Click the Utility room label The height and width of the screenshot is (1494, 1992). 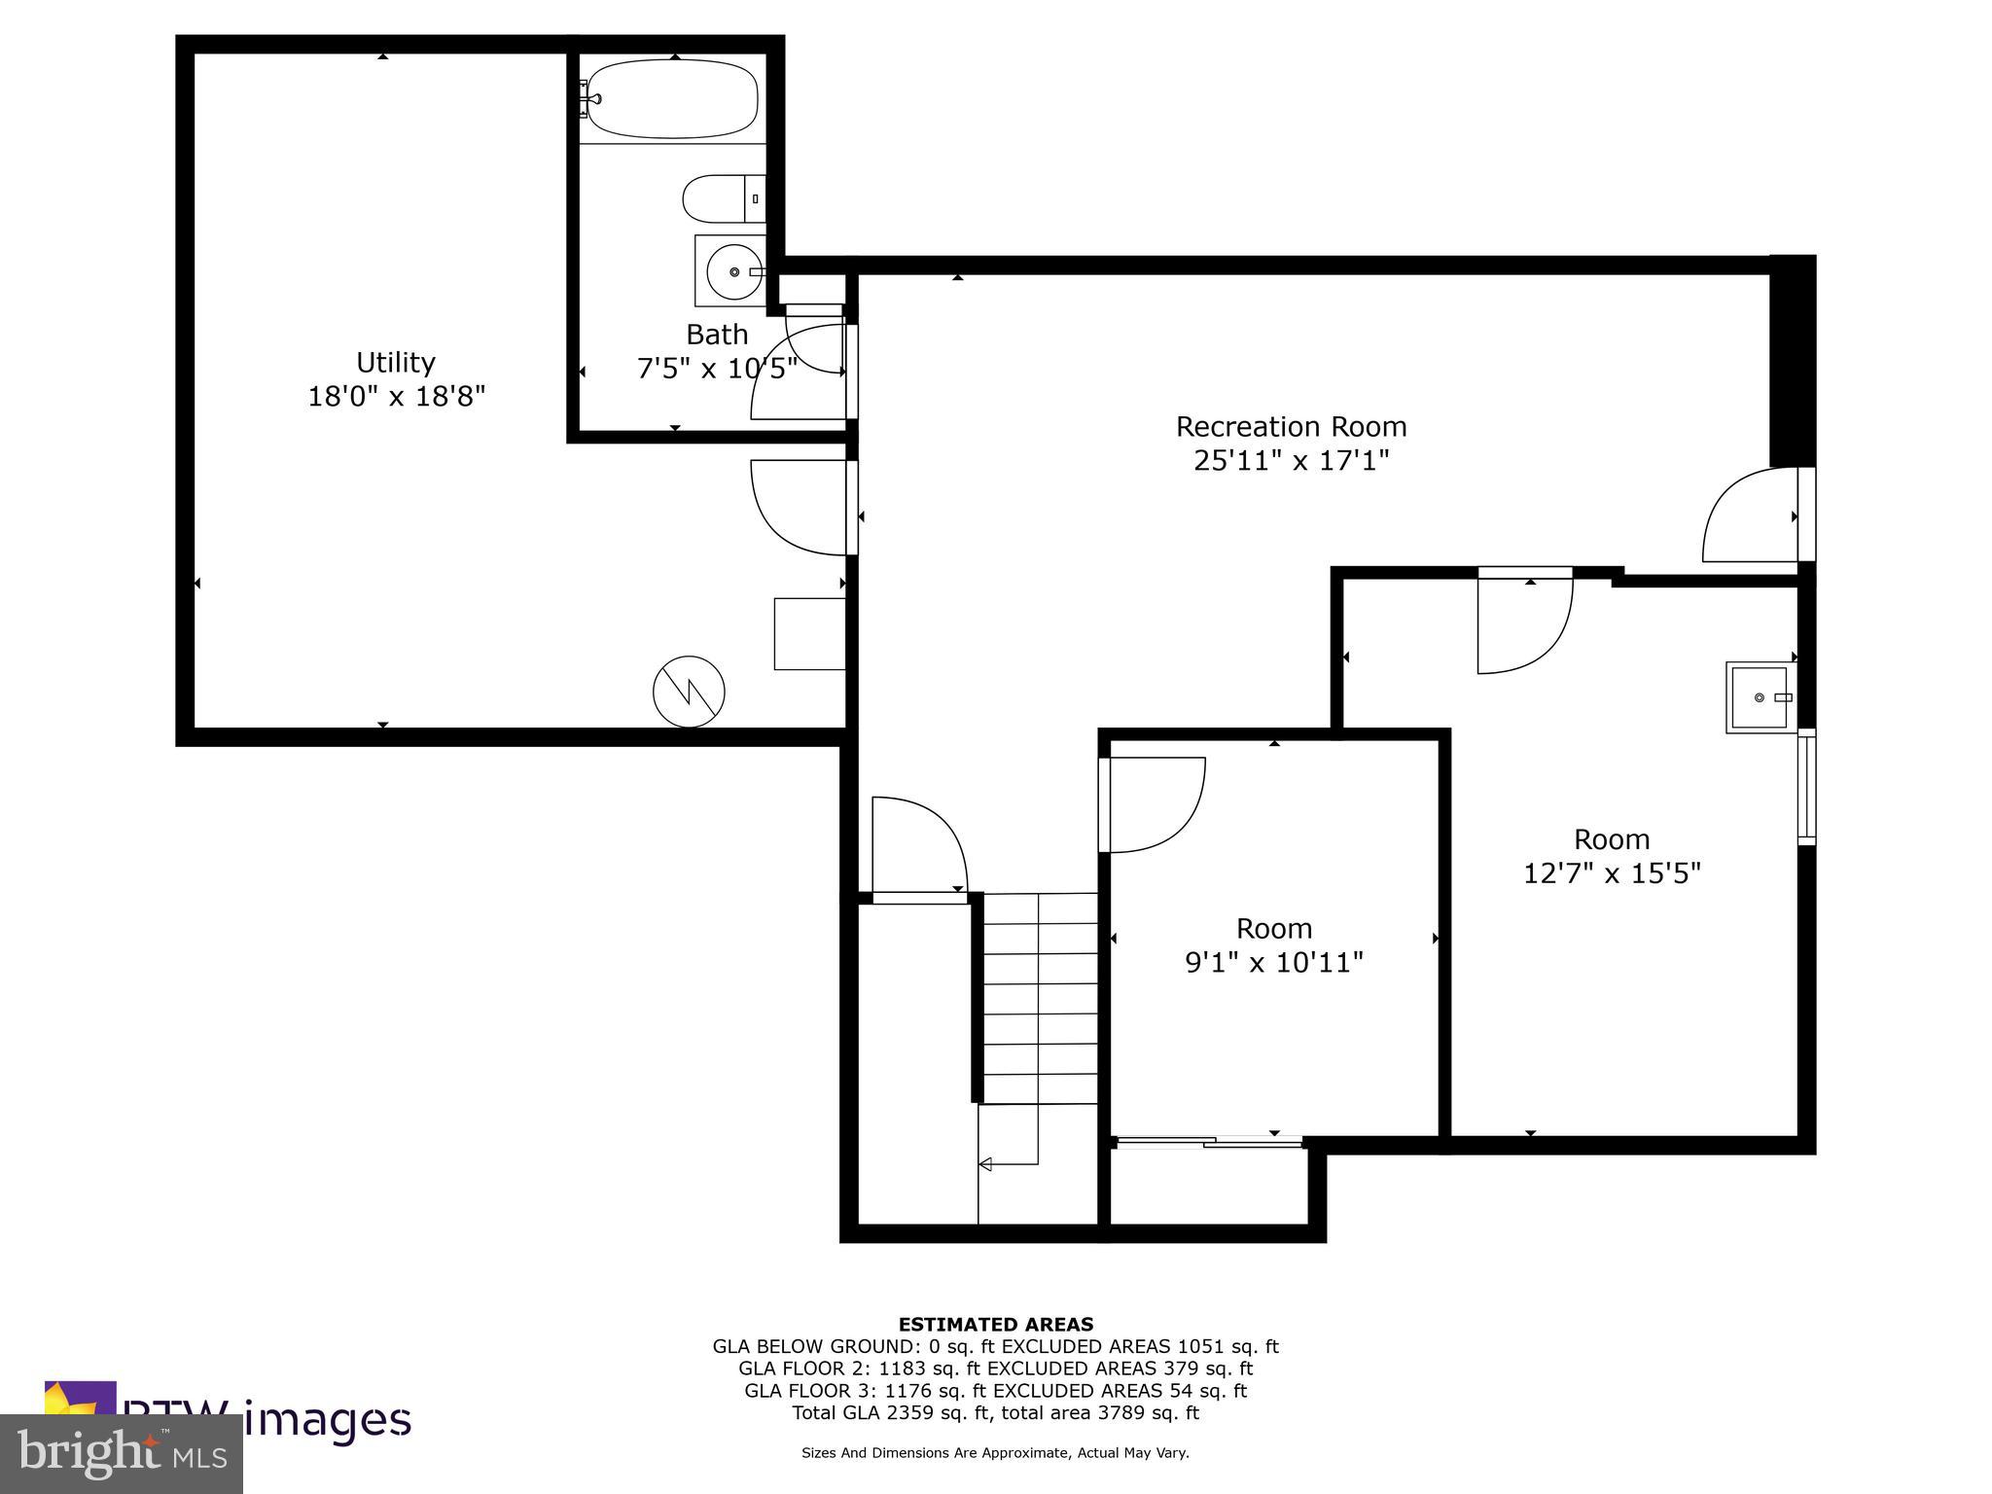coord(395,363)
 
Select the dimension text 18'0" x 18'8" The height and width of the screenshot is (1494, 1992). coord(396,397)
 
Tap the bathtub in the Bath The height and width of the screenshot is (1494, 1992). coord(672,99)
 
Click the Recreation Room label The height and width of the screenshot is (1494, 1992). coord(1291,427)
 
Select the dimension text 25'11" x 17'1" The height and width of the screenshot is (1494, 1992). coord(1291,461)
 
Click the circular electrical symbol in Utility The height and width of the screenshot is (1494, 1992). coord(689,692)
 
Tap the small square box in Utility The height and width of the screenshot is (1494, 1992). coord(808,633)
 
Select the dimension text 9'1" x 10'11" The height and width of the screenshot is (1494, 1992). coord(1273,963)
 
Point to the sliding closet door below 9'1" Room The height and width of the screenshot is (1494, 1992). coord(1209,1143)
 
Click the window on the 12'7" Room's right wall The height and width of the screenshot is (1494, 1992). coord(1806,787)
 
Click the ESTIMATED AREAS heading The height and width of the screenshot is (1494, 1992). coord(995,1324)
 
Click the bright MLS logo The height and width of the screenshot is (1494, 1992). coord(122,1453)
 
